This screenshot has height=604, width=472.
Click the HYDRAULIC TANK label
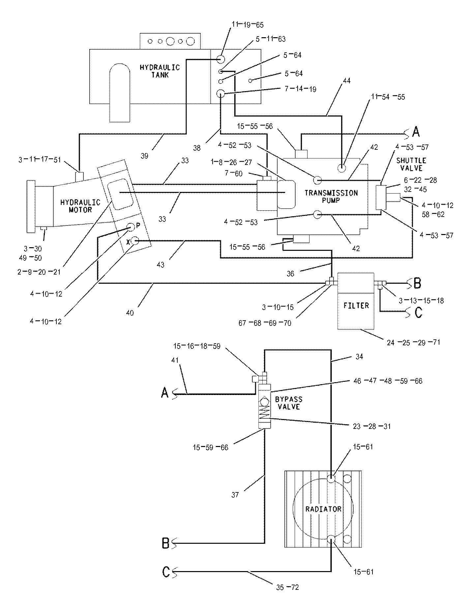[x=160, y=71]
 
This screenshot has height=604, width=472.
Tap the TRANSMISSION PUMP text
[x=331, y=196]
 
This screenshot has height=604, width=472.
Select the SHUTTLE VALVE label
[x=411, y=164]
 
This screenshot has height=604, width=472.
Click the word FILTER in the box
[x=356, y=305]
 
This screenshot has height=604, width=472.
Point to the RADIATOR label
[x=323, y=509]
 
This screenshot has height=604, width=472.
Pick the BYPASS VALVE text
[x=289, y=403]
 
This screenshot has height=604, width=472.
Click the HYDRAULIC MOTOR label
[x=80, y=205]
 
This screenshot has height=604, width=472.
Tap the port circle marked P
[x=131, y=227]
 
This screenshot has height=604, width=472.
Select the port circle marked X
[x=135, y=242]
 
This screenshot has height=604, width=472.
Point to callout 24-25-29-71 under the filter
[x=413, y=342]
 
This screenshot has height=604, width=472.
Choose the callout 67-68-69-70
[x=265, y=323]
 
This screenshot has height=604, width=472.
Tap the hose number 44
[x=346, y=81]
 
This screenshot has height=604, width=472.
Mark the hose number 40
[x=130, y=312]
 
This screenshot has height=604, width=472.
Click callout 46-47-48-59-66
[x=387, y=381]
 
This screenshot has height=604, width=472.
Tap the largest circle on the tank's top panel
[x=191, y=41]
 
